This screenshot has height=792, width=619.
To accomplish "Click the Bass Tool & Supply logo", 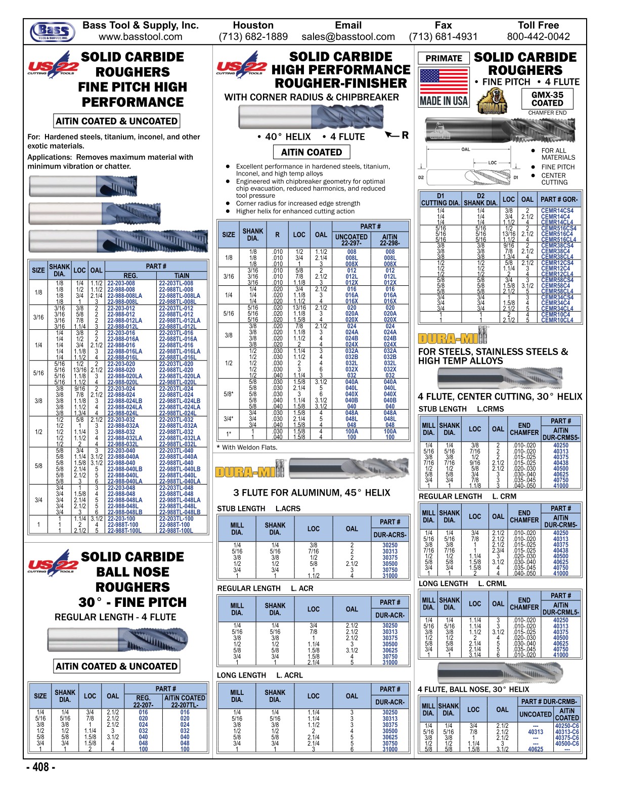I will (x=52, y=31).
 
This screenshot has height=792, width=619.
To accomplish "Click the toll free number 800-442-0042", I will (x=538, y=37).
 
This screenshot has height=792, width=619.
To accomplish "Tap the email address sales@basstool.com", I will (x=348, y=37).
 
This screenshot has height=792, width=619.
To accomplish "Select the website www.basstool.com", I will (x=140, y=37).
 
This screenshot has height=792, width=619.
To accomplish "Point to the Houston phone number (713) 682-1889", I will (x=253, y=37).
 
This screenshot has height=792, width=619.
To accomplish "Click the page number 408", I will (x=40, y=767).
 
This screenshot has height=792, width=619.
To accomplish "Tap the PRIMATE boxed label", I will (x=444, y=58).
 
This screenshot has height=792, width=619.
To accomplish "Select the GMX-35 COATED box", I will (x=547, y=99).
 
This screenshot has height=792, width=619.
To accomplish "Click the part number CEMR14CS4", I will (x=557, y=211).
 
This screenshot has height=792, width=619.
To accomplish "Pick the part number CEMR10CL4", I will (x=557, y=320).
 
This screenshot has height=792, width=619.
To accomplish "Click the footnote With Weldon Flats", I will (x=247, y=447).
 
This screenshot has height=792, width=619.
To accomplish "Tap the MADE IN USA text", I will (x=444, y=101).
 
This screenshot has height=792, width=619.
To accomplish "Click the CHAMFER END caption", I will (x=547, y=113).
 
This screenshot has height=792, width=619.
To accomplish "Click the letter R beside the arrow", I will (x=405, y=135).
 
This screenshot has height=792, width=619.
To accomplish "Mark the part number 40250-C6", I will (x=566, y=726).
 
